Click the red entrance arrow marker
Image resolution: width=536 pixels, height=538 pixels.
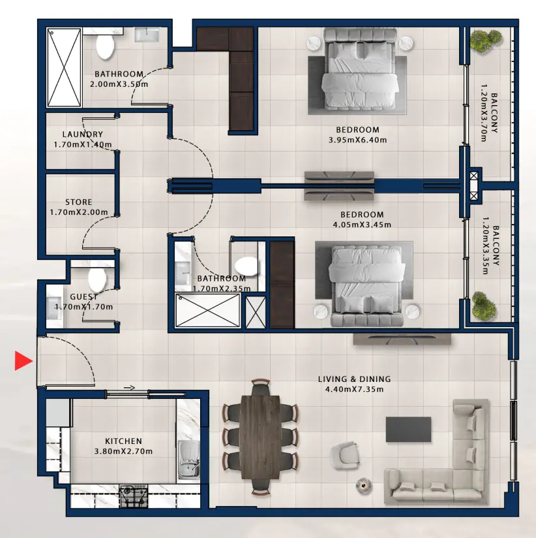tap(23, 360)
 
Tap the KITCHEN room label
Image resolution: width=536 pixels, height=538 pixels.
tap(123, 441)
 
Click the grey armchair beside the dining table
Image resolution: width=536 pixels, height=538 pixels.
tap(345, 453)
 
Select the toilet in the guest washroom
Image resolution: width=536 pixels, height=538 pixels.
tap(97, 279)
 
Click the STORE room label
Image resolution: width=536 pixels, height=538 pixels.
tap(79, 202)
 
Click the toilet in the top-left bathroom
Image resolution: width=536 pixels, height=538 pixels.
tap(104, 45)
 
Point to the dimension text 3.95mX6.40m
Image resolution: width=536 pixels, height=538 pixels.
tap(358, 140)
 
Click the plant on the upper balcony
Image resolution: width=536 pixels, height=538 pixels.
tap(483, 42)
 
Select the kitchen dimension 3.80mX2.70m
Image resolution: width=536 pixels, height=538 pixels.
tap(123, 452)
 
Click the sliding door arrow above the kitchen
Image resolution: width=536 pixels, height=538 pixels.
tap(128, 388)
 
